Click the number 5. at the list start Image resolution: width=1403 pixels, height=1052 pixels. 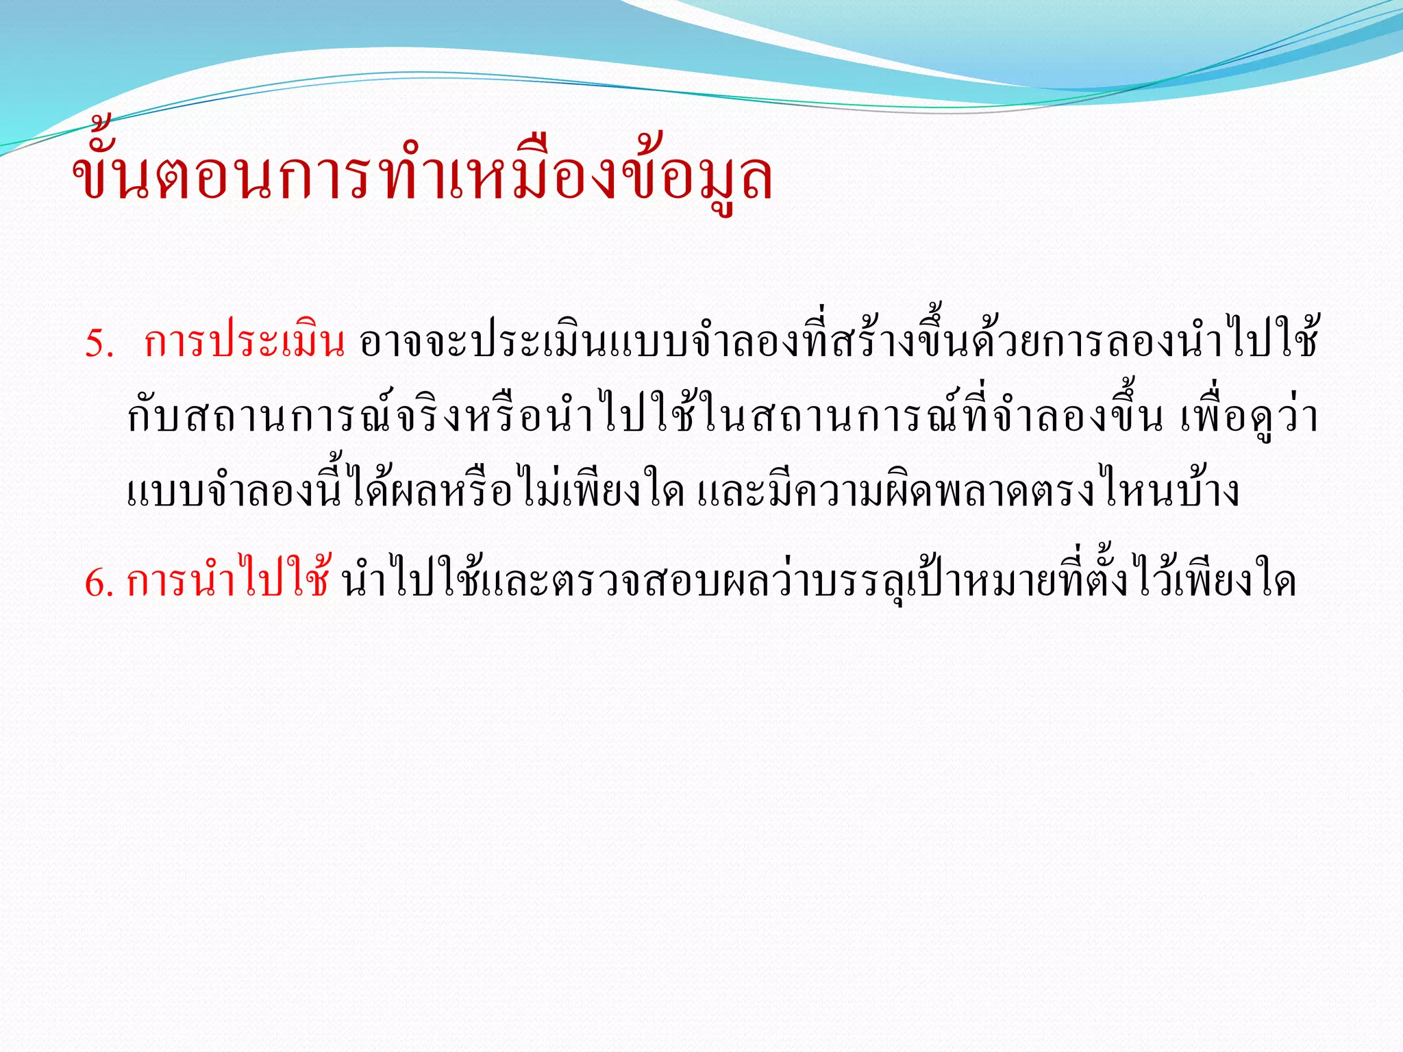tap(99, 343)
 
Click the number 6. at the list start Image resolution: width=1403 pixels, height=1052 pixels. tap(99, 583)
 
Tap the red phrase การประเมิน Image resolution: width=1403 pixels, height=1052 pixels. tap(244, 343)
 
